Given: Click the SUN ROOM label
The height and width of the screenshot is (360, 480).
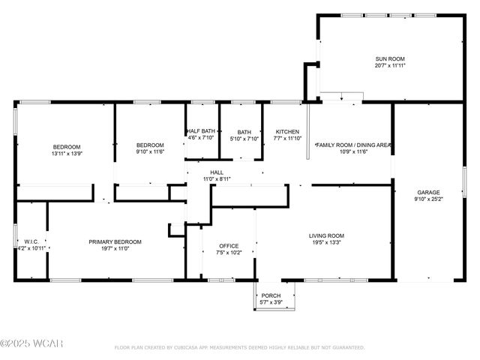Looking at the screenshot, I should pyautogui.click(x=390, y=58).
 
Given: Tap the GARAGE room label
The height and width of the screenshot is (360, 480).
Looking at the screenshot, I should pyautogui.click(x=429, y=192).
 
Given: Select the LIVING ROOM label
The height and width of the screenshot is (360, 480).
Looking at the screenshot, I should pyautogui.click(x=327, y=235).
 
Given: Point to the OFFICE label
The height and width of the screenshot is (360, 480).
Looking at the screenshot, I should pyautogui.click(x=229, y=246).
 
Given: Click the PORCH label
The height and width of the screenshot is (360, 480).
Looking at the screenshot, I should pyautogui.click(x=271, y=295).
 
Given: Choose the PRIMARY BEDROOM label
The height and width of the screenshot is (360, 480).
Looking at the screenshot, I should pyautogui.click(x=115, y=241).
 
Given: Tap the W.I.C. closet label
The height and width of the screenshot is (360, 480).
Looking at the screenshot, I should pyautogui.click(x=31, y=241).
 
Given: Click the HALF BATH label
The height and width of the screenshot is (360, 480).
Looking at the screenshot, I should pyautogui.click(x=200, y=131).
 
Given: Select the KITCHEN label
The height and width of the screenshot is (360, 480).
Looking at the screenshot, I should pyautogui.click(x=287, y=131).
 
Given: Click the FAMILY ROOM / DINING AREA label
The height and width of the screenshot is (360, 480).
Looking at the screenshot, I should pyautogui.click(x=353, y=145).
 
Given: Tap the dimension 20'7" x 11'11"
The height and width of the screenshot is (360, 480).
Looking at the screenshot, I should pyautogui.click(x=390, y=65).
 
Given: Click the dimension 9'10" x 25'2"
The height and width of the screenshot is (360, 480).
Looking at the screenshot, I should pyautogui.click(x=429, y=199).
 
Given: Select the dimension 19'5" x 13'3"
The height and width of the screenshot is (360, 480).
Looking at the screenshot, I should pyautogui.click(x=327, y=242).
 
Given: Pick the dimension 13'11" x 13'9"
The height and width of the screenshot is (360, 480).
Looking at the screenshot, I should pyautogui.click(x=66, y=153).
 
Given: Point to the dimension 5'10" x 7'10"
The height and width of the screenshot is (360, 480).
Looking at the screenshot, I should pyautogui.click(x=244, y=138).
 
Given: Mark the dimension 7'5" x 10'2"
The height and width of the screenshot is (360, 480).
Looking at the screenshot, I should pyautogui.click(x=229, y=253).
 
